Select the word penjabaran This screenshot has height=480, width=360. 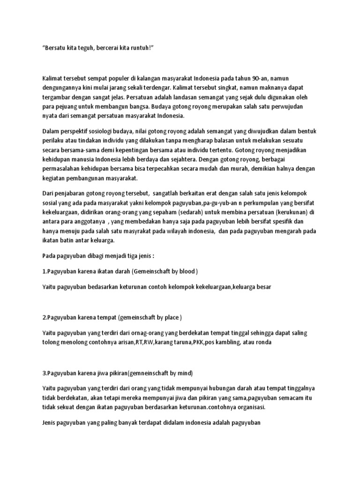(x=71, y=193)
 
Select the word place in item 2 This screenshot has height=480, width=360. (x=171, y=317)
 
